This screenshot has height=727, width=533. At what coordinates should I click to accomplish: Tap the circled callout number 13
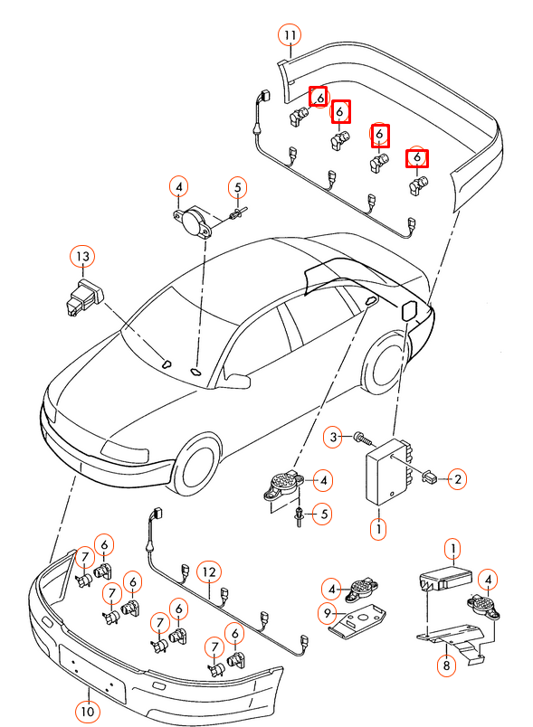coord(82,257)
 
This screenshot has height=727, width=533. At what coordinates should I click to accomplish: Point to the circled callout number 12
coord(209,571)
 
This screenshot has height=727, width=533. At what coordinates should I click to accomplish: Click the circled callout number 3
coord(334,438)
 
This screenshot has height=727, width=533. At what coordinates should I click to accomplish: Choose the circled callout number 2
coord(458,479)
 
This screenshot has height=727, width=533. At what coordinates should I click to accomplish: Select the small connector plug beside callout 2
coord(432,477)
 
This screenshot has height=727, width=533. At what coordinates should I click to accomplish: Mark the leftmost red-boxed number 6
coord(319,97)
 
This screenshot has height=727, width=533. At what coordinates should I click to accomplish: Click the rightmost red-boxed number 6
coord(416,157)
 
